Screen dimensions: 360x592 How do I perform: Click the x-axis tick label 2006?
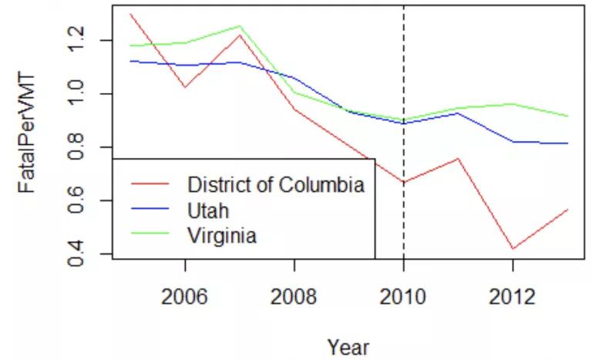pyautogui.click(x=185, y=298)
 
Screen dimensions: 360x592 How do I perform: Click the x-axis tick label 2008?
pyautogui.click(x=294, y=298)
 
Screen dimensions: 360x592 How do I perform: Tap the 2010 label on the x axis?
pyautogui.click(x=403, y=298)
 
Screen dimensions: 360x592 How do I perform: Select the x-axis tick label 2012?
pyautogui.click(x=512, y=298)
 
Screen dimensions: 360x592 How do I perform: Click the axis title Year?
pyautogui.click(x=348, y=347)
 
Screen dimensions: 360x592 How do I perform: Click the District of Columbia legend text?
pyautogui.click(x=275, y=185)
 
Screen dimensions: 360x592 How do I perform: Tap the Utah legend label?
pyautogui.click(x=208, y=210)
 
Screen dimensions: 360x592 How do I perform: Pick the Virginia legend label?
pyautogui.click(x=221, y=235)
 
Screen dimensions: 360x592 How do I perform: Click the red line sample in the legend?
pyautogui.click(x=150, y=185)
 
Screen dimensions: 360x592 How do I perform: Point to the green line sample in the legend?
pyautogui.click(x=150, y=235)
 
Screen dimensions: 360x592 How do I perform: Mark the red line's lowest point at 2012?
pyautogui.click(x=512, y=249)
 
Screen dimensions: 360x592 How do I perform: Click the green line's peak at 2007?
pyautogui.click(x=240, y=25)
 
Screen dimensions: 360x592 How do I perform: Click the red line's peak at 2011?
pyautogui.click(x=458, y=159)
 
